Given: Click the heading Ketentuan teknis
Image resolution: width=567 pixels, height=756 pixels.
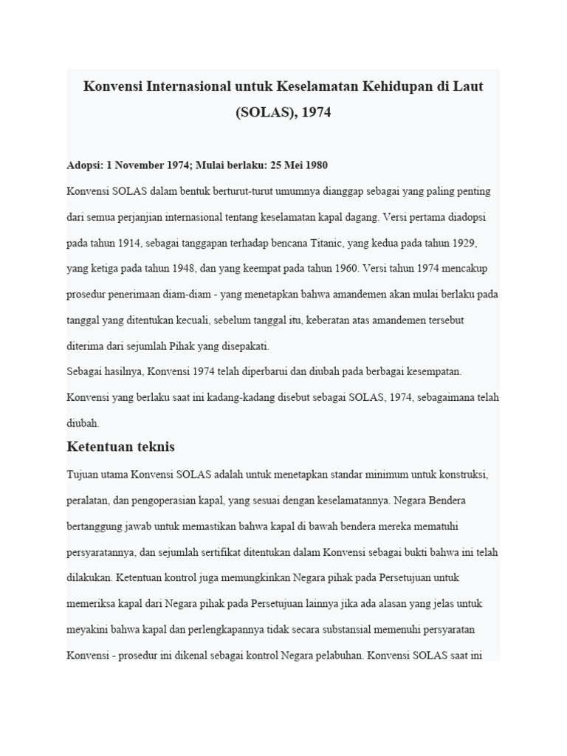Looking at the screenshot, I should (120, 447).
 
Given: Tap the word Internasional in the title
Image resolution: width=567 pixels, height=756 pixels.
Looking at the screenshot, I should (193, 86).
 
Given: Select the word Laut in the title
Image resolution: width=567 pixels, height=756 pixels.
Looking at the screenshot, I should (467, 86).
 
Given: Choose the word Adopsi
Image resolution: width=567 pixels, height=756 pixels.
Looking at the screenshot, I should (83, 165).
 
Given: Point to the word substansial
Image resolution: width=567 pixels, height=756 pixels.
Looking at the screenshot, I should (334, 629).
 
